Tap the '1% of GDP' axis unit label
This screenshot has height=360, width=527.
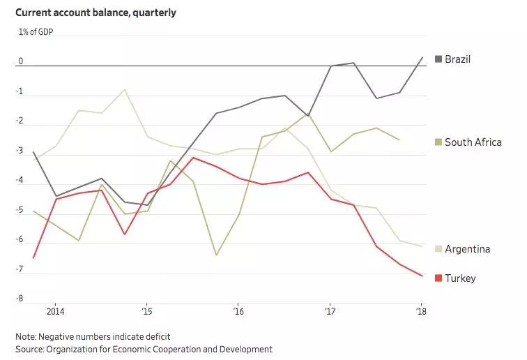(x=36, y=33)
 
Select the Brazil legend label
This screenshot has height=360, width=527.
(x=457, y=59)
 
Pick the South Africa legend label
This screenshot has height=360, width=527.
(x=473, y=142)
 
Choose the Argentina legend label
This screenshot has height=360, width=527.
(x=467, y=249)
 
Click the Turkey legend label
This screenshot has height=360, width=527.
(x=460, y=278)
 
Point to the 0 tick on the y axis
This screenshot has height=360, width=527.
(x=21, y=61)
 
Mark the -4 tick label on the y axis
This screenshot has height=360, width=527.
(x=20, y=181)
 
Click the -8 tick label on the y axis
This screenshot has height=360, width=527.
(x=20, y=298)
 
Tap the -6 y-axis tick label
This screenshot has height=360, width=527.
(x=20, y=239)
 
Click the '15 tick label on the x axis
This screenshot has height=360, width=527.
(x=146, y=311)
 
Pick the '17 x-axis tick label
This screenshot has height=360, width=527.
(x=329, y=311)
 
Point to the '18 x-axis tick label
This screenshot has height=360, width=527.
(x=420, y=311)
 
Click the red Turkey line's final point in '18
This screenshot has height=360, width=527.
(x=421, y=276)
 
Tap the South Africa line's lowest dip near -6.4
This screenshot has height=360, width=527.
(x=216, y=255)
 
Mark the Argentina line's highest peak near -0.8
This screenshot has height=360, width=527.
(x=125, y=89)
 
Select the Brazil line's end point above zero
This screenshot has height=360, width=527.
(x=421, y=57)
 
